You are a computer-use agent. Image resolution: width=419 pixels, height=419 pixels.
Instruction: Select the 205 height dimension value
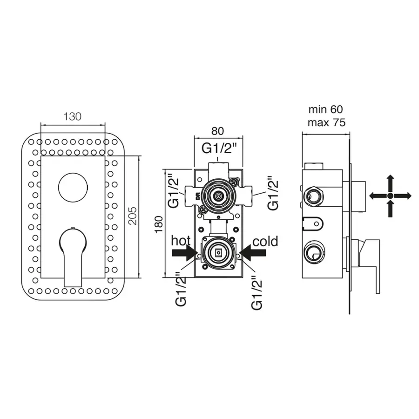[x=133, y=215]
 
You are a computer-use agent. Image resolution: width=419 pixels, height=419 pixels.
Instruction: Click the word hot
[x=181, y=241]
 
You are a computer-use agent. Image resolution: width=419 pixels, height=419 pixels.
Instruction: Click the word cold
[x=265, y=241]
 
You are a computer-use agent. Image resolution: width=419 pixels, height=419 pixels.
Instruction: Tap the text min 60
[x=325, y=110]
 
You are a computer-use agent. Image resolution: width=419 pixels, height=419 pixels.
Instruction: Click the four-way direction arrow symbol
[x=390, y=196]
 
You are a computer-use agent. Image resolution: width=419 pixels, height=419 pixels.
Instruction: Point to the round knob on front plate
[x=73, y=187]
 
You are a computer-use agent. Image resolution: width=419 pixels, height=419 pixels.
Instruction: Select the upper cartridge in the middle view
[x=218, y=195]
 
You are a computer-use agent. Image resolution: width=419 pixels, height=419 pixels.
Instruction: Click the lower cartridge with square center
[x=218, y=253]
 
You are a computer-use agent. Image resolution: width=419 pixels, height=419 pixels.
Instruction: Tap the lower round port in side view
[x=313, y=253]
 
